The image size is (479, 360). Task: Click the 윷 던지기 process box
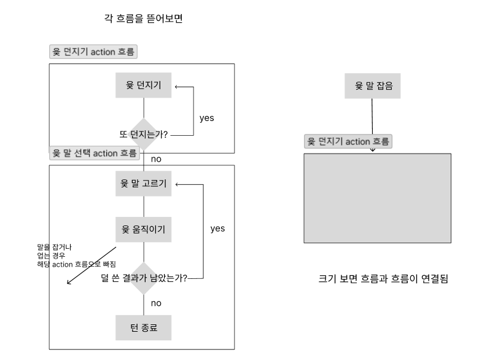144,85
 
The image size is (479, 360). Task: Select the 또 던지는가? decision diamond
144,133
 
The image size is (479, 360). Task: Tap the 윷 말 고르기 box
144,184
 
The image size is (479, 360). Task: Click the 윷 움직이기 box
144,230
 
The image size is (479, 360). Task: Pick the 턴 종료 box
144,327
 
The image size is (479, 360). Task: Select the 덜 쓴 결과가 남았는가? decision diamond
144,278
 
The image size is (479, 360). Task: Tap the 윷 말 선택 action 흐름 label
94,153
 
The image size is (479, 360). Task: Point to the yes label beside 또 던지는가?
207,117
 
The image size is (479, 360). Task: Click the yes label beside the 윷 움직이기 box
217,229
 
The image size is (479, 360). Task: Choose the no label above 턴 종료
156,303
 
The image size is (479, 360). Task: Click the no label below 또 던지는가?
156,160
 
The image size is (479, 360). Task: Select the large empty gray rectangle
378,198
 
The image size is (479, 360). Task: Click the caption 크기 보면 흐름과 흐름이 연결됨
384,279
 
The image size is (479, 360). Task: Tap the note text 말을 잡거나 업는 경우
55,251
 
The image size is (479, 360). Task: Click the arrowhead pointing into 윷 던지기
176,87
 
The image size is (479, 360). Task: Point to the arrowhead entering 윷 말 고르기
176,184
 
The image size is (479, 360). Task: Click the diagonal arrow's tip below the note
68,284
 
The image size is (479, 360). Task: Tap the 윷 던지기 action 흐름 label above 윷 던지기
93,52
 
